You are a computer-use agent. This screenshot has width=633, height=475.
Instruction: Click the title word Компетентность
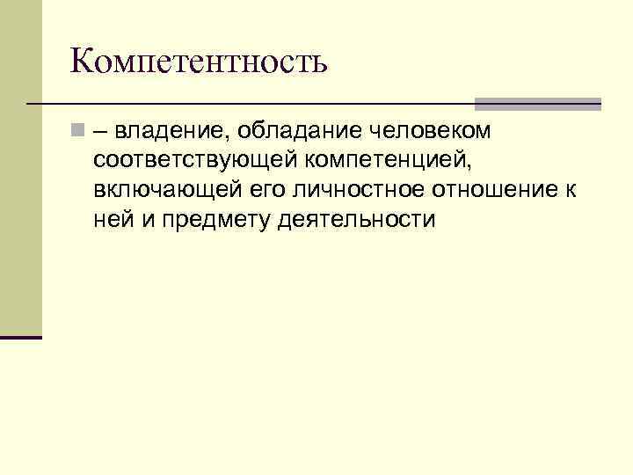199,62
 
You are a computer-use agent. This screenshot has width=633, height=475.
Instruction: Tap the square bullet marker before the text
78,131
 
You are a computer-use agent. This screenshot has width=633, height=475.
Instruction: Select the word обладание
293,132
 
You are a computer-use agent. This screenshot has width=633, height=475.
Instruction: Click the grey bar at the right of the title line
537,104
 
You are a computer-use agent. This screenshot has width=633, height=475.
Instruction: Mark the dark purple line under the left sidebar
21,337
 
